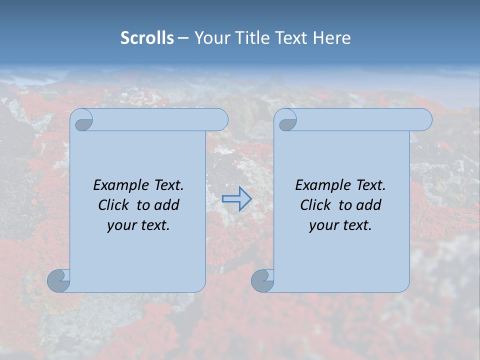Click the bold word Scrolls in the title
[147, 37]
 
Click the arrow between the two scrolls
[236, 198]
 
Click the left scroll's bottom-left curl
[59, 280]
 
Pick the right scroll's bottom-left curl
[262, 280]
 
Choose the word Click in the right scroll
[316, 205]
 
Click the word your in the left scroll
[120, 225]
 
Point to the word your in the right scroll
[322, 225]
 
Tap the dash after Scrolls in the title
[183, 38]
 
